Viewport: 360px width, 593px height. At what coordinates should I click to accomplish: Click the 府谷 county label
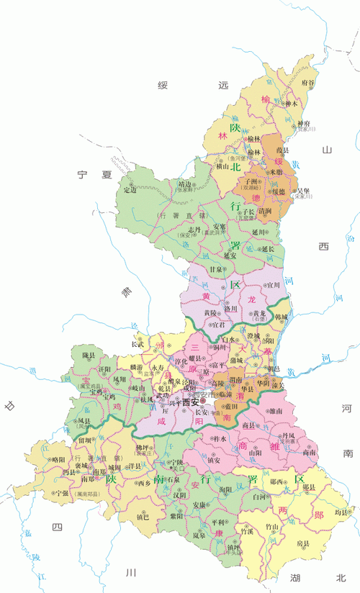point(307,83)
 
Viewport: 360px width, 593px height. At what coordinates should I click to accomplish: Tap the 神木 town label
point(292,103)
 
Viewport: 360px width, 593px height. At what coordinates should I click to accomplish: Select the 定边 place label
point(130,190)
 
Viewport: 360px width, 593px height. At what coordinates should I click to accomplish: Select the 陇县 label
point(89,356)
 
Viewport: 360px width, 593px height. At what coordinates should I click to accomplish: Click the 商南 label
point(310,453)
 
